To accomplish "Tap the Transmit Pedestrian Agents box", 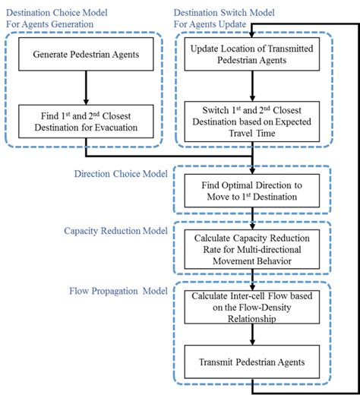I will point(253,363).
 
